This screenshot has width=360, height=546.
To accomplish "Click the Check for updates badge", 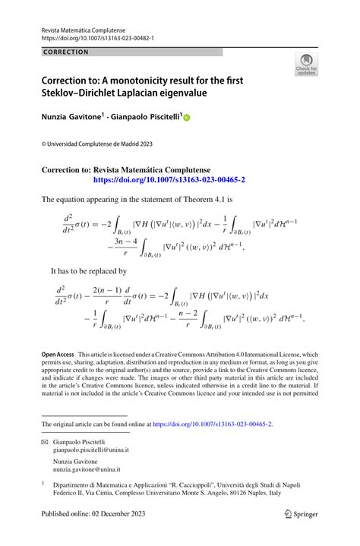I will click(306, 65).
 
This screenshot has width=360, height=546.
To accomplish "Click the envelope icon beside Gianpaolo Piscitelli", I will click(46, 441).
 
